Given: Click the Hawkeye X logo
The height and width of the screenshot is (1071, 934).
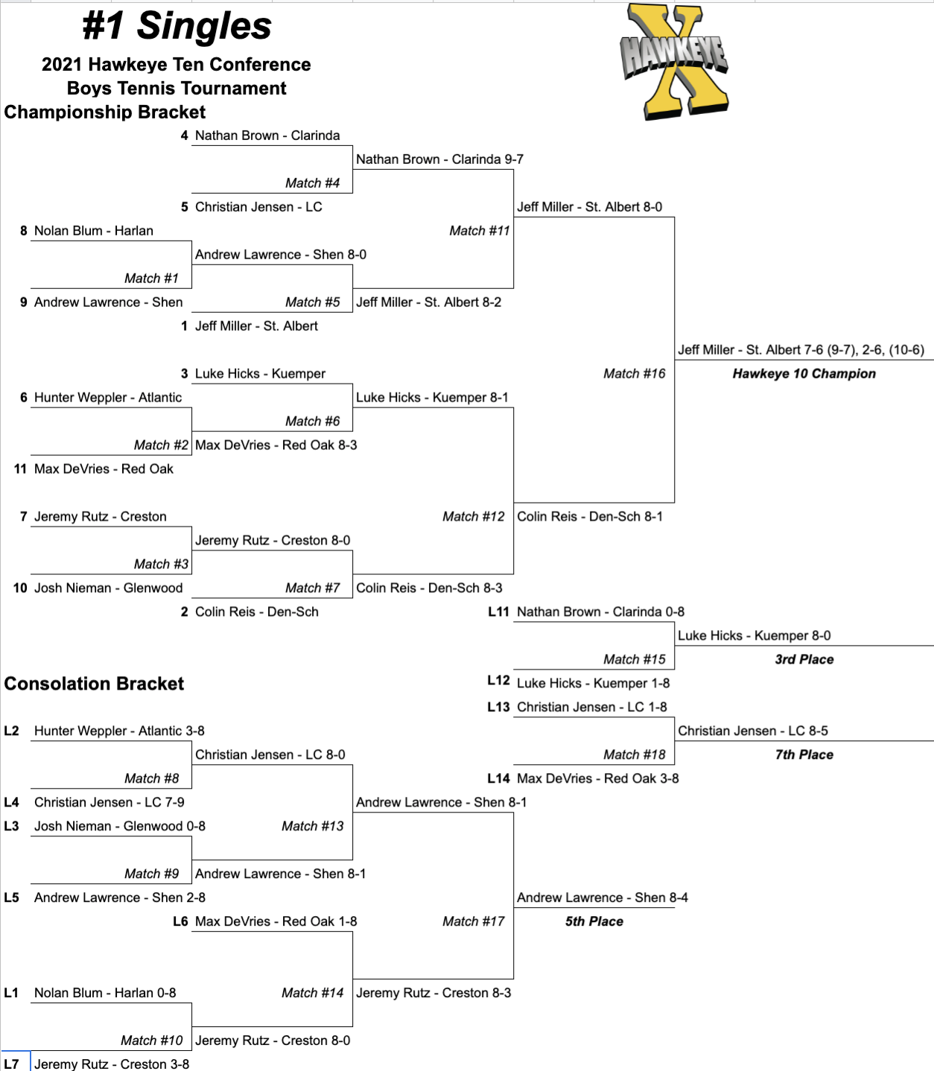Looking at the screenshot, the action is pyautogui.click(x=675, y=61).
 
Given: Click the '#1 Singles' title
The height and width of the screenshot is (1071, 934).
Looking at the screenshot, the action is pyautogui.click(x=177, y=26).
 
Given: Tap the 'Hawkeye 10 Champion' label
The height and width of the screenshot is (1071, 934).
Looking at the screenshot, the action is pyautogui.click(x=804, y=374).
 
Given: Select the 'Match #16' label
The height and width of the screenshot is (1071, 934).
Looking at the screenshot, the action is pyautogui.click(x=634, y=374).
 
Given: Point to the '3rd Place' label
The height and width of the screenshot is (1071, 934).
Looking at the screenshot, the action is pyautogui.click(x=804, y=660).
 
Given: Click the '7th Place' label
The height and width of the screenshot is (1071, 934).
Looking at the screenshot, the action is pyautogui.click(x=804, y=755).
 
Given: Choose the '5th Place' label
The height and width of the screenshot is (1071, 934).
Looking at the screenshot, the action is pyautogui.click(x=594, y=922).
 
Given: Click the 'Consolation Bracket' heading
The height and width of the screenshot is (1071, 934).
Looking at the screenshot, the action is pyautogui.click(x=94, y=684).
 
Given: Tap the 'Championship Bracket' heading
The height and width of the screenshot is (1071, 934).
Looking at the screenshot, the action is pyautogui.click(x=105, y=112).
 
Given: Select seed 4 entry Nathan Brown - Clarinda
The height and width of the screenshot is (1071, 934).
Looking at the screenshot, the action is pyautogui.click(x=267, y=136).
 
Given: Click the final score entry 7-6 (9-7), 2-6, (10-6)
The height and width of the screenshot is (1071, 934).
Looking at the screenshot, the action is pyautogui.click(x=801, y=350).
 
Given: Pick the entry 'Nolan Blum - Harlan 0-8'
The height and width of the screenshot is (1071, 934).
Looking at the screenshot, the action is pyautogui.click(x=105, y=994).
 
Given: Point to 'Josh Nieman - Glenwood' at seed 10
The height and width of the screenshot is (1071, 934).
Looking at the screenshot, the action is pyautogui.click(x=108, y=588).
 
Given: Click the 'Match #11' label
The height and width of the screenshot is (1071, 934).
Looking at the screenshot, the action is pyautogui.click(x=479, y=231).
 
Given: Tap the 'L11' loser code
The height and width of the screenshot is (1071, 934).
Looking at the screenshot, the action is pyautogui.click(x=498, y=612).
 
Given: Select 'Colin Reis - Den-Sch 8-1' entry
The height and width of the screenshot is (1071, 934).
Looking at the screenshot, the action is pyautogui.click(x=589, y=517).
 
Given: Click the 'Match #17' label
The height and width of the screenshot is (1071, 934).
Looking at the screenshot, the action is pyautogui.click(x=473, y=922).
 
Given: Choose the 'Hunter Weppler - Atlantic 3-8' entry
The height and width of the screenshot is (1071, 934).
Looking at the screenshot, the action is pyautogui.click(x=119, y=731).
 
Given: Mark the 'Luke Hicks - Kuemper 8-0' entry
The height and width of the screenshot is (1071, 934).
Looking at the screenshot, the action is pyautogui.click(x=754, y=636).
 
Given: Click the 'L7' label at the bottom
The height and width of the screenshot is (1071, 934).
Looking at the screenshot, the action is pyautogui.click(x=11, y=1064).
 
